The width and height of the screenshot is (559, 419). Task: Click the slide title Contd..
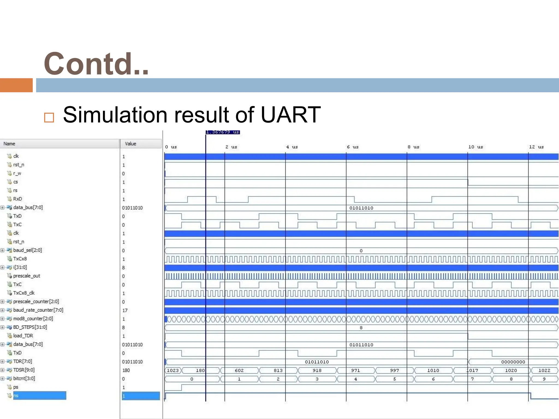(96, 64)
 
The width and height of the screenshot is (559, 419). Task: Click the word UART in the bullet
(290, 115)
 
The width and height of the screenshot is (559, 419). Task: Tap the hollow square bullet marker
(49, 118)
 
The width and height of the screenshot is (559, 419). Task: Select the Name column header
(9, 144)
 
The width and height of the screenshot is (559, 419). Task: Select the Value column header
(130, 144)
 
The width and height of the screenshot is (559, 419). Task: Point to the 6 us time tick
(352, 147)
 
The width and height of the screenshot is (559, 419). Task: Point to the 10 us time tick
(475, 147)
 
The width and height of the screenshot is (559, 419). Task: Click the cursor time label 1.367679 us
(223, 132)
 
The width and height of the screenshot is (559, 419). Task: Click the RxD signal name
(17, 199)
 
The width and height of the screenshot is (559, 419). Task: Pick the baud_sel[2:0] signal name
(27, 250)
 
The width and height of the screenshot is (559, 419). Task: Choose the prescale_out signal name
(26, 276)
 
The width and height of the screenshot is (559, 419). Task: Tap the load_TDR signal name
(23, 336)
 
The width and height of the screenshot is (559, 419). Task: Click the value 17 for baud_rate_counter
(125, 310)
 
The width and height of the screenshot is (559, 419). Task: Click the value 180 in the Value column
(126, 370)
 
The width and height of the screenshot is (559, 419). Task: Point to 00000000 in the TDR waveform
(513, 362)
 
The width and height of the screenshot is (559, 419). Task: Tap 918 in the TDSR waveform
(317, 370)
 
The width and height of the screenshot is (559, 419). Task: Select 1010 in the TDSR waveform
(433, 370)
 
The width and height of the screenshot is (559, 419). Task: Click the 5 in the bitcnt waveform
(394, 379)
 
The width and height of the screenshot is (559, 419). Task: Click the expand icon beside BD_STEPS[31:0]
(2, 327)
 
